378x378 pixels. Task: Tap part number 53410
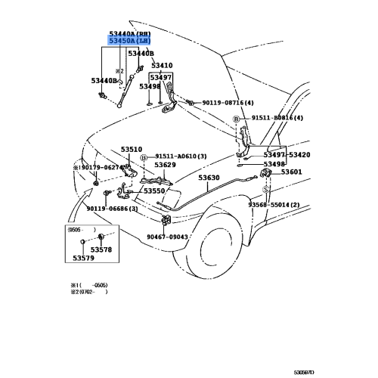(160, 65)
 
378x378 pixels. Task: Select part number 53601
(291, 172)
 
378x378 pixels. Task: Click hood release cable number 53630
(209, 178)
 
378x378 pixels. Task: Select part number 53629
(165, 165)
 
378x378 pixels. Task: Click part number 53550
(153, 191)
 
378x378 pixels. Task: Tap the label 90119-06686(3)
(111, 209)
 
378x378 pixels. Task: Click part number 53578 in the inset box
(101, 249)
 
